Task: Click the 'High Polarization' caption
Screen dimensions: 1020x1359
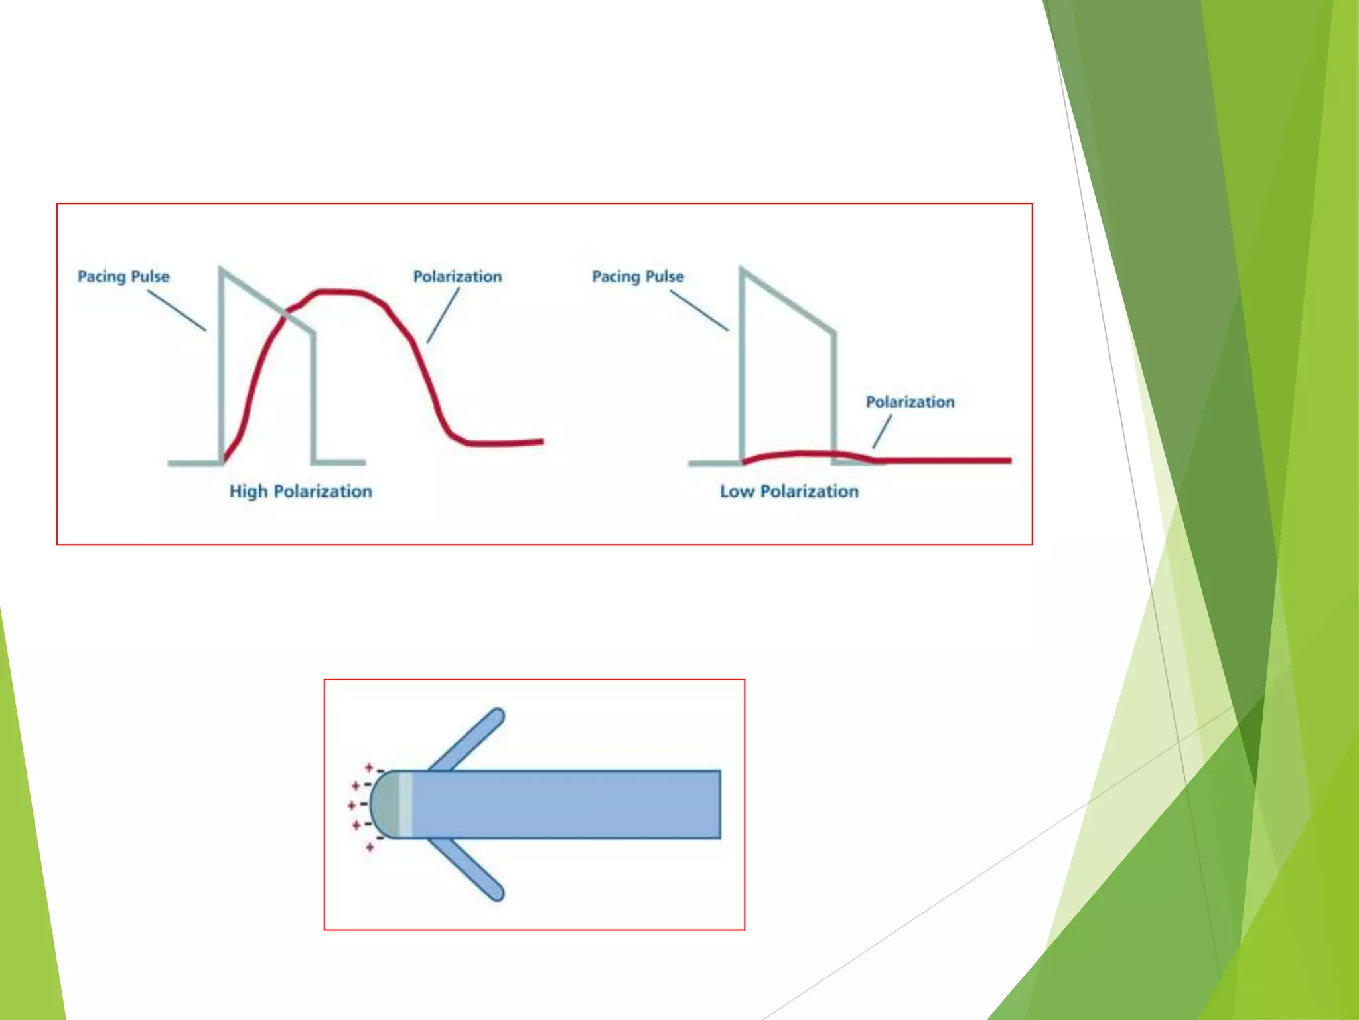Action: [x=301, y=491]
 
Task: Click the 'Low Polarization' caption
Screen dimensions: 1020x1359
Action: [x=789, y=491]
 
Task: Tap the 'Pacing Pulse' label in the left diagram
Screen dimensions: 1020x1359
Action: [x=123, y=276]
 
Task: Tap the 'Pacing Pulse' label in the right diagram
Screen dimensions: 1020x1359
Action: [x=638, y=276]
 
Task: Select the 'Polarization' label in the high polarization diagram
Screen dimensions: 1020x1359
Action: [x=457, y=276]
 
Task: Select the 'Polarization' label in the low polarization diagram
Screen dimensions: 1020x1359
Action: [x=910, y=402]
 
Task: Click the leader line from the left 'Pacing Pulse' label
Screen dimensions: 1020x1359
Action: [x=177, y=310]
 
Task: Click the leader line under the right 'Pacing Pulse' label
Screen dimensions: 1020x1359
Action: [x=699, y=310]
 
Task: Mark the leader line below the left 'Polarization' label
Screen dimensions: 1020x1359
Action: [x=443, y=315]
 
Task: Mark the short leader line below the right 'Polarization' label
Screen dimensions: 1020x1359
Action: [x=882, y=431]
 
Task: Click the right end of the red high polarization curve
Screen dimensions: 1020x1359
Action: [x=541, y=441]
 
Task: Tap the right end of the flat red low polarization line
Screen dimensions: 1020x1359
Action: [x=1009, y=460]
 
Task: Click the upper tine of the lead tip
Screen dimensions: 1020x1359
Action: [x=468, y=738]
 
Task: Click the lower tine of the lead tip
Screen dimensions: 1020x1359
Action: [x=468, y=870]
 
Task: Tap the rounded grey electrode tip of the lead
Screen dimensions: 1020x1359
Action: [x=385, y=804]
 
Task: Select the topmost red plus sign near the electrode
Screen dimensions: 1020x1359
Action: [x=370, y=768]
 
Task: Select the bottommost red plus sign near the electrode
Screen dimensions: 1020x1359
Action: [x=370, y=847]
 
